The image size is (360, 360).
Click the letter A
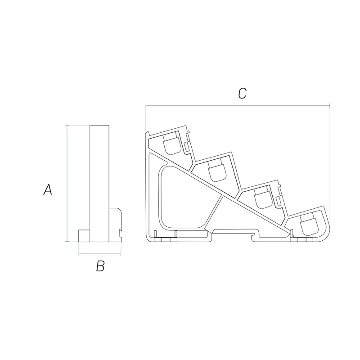coord(48,189)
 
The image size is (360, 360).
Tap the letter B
coord(100,266)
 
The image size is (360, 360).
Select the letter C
coord(243,94)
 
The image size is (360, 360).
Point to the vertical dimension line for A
coord(67,184)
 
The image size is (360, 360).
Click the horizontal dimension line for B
coord(100,254)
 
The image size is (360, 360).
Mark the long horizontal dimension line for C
coord(238,106)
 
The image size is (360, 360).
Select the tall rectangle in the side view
coord(99,184)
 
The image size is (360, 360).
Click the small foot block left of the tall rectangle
coord(84,236)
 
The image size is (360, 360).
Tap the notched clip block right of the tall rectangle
coord(115,225)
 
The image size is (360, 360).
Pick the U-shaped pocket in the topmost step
coord(171,144)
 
